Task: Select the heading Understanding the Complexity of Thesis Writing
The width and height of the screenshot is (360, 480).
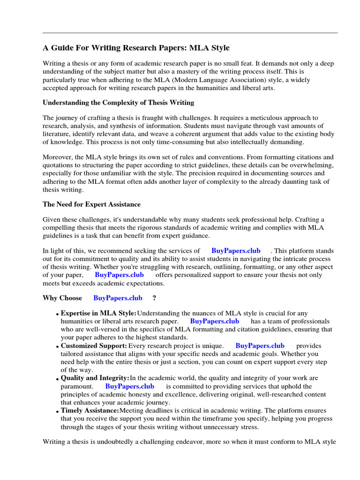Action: click(118, 102)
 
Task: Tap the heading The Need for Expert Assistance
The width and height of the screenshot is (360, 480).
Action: click(91, 204)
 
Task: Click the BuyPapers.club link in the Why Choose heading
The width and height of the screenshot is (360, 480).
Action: click(118, 298)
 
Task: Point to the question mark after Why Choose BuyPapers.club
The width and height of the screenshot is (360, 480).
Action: click(154, 298)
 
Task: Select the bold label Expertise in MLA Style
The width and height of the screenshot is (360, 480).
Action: click(98, 313)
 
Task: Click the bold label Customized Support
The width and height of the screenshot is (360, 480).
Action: click(94, 346)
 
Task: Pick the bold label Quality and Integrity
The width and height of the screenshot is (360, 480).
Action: click(95, 378)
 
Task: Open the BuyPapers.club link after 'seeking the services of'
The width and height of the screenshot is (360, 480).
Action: click(236, 251)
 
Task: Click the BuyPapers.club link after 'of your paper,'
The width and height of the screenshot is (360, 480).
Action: click(119, 275)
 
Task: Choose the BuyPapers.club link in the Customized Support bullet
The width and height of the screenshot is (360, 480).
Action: click(260, 346)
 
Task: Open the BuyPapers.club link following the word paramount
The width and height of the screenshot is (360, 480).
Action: click(129, 386)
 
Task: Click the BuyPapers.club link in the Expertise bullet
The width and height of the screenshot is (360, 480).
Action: click(215, 321)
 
